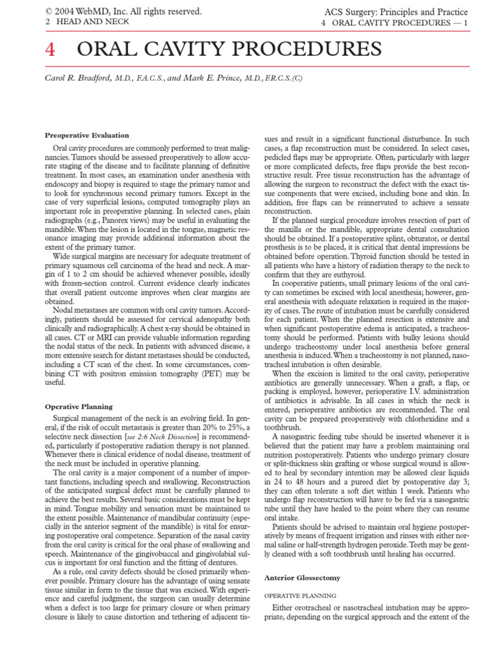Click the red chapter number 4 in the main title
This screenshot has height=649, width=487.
tap(51, 49)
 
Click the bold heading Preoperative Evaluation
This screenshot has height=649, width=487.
tap(87, 136)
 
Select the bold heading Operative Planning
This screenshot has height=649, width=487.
tap(79, 407)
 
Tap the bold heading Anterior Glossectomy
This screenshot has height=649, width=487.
tap(302, 578)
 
